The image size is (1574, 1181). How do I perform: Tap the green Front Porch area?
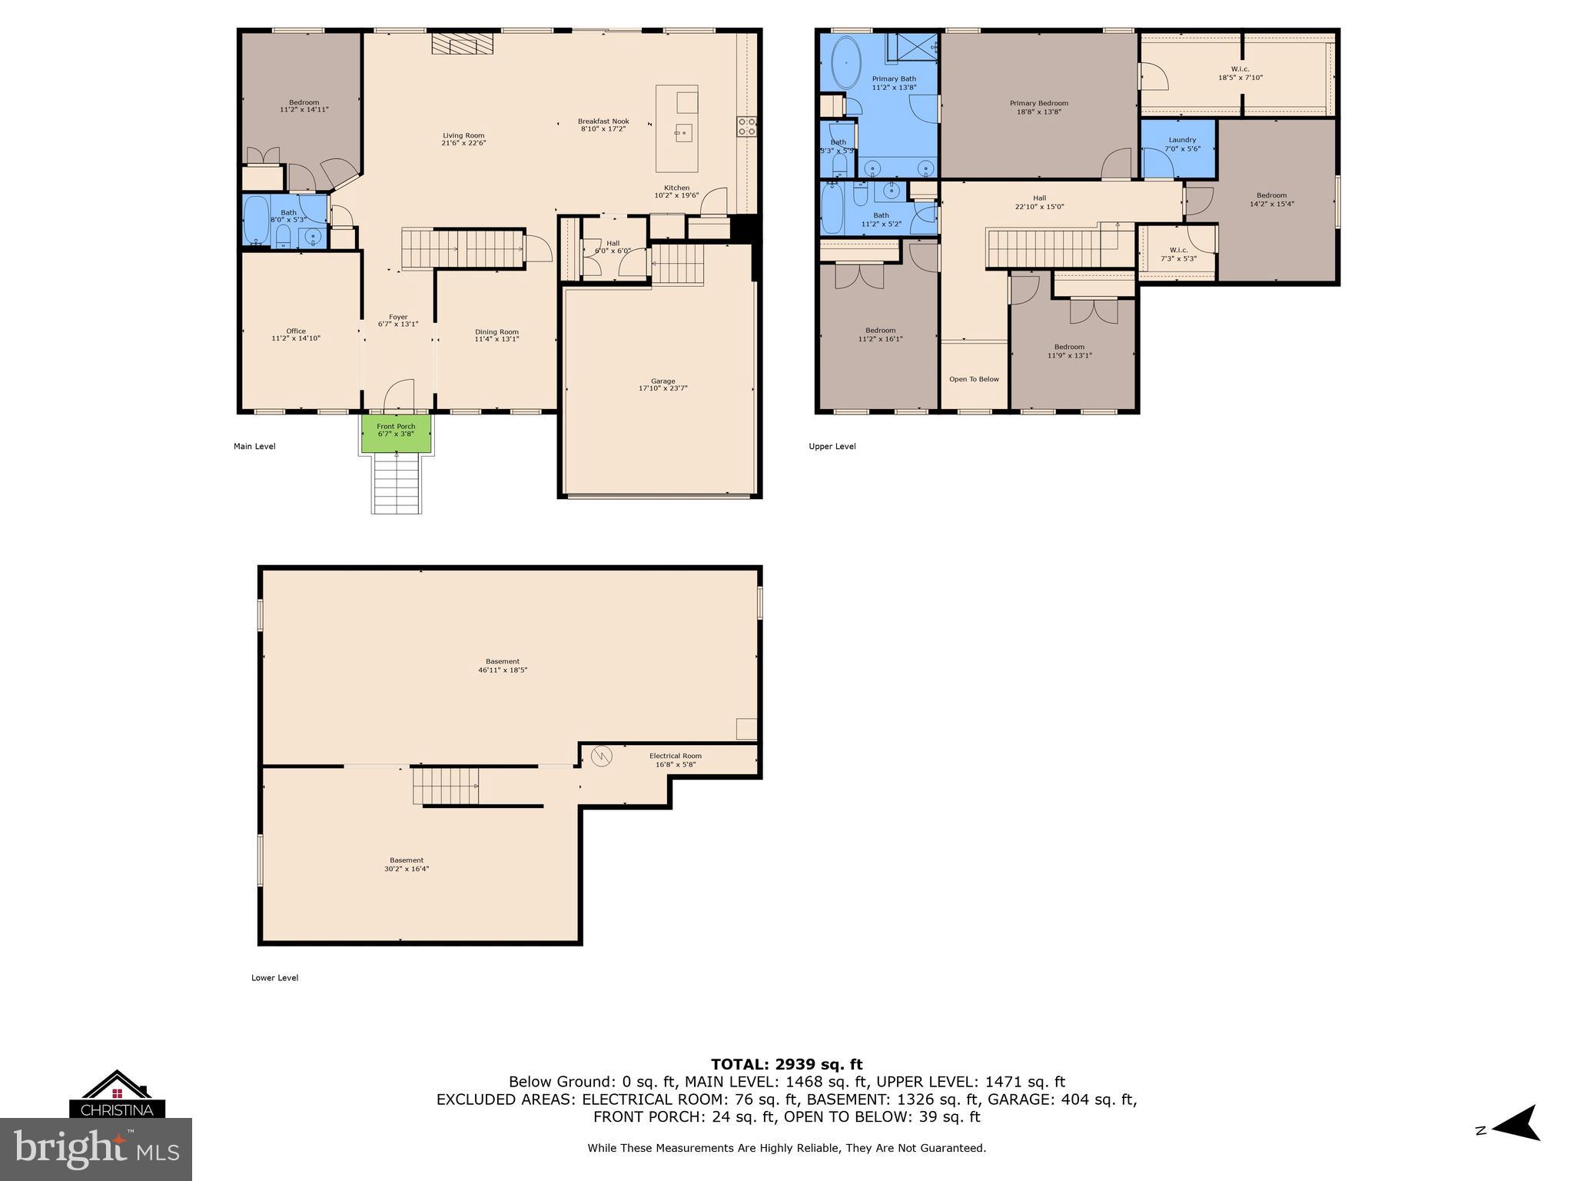(x=396, y=434)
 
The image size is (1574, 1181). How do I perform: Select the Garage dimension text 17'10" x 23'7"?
(x=662, y=389)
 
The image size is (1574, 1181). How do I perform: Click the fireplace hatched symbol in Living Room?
(x=462, y=44)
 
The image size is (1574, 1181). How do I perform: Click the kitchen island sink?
(x=682, y=133)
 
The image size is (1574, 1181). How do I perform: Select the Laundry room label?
(x=1182, y=140)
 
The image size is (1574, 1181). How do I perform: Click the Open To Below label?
(x=974, y=379)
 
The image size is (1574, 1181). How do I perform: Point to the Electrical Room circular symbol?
(x=603, y=757)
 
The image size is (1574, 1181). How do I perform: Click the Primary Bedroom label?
(x=1038, y=103)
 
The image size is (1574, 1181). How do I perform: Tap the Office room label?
(x=296, y=331)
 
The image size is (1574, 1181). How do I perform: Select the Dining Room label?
(x=496, y=332)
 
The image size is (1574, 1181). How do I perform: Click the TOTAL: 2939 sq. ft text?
(x=786, y=1064)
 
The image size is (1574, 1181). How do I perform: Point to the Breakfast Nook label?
(x=603, y=121)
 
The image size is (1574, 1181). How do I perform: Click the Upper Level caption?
(x=832, y=447)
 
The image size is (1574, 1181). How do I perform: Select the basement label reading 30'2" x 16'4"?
(x=407, y=869)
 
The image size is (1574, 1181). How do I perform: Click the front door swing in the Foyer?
(x=400, y=394)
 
